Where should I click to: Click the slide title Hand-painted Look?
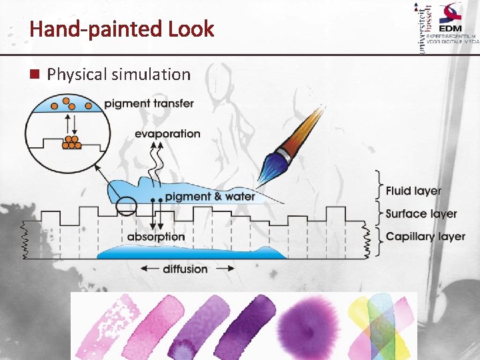click(121, 29)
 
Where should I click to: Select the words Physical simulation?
click(119, 74)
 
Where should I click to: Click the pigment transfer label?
click(149, 103)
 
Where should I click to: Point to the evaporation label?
click(167, 133)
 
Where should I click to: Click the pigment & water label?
click(210, 196)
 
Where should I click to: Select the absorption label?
click(156, 237)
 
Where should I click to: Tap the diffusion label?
click(185, 269)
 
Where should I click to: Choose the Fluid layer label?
click(413, 191)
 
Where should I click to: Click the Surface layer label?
click(421, 214)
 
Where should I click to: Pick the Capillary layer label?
click(425, 237)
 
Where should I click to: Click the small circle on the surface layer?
click(126, 206)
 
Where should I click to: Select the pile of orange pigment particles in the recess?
click(71, 143)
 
